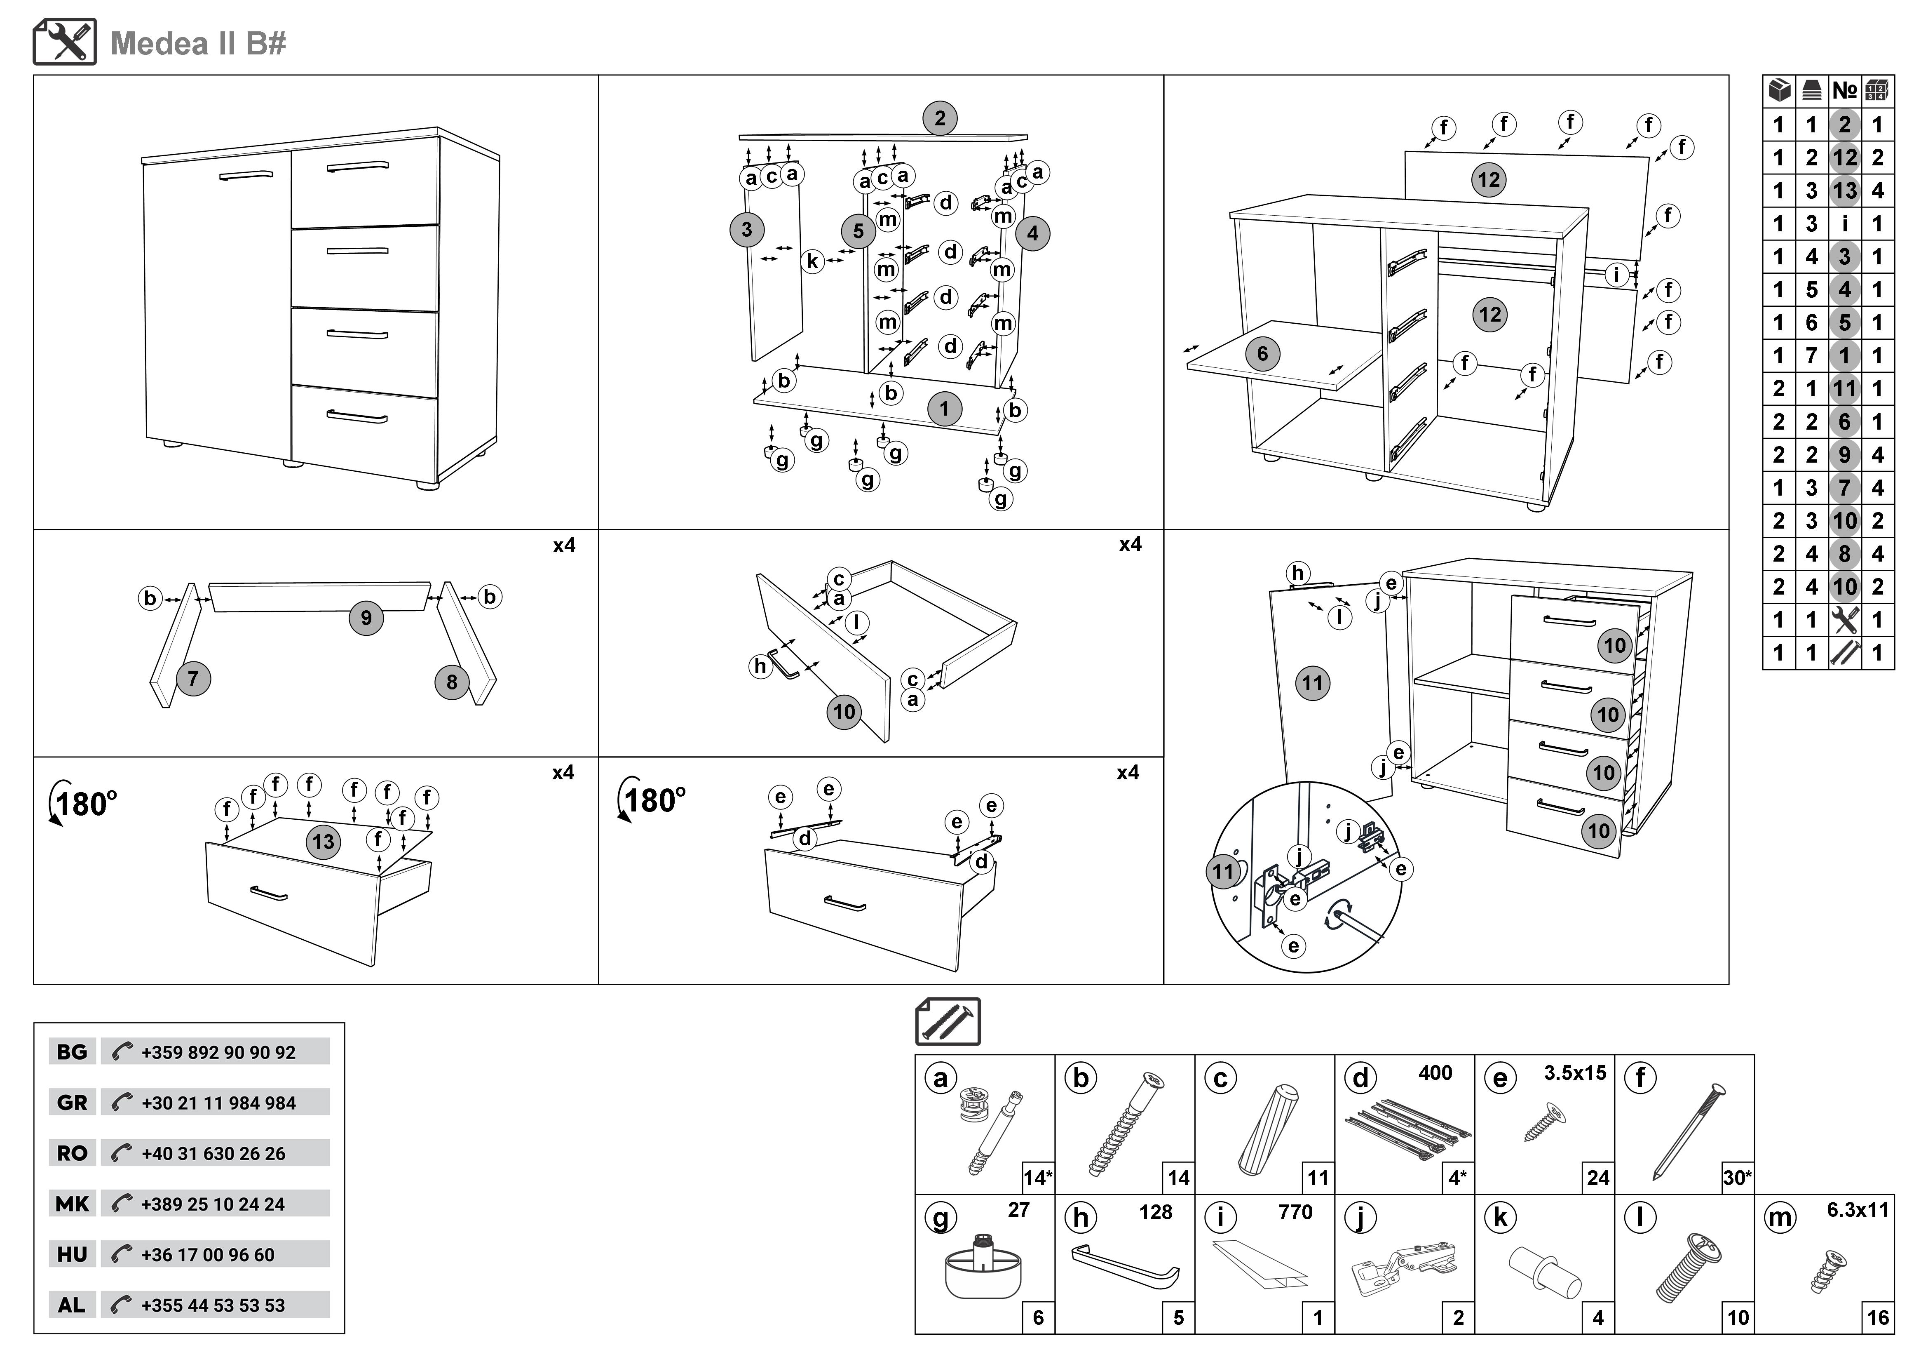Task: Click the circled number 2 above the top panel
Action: pyautogui.click(x=940, y=118)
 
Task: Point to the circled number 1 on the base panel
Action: pyautogui.click(x=944, y=409)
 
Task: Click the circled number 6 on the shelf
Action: pyautogui.click(x=1262, y=354)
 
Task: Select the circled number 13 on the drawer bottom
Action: pyautogui.click(x=323, y=842)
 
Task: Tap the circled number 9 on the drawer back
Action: pyautogui.click(x=366, y=618)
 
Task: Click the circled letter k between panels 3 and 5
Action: pyautogui.click(x=812, y=261)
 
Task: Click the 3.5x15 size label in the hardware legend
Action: pyautogui.click(x=1574, y=1072)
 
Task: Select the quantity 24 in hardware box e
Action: pyautogui.click(x=1597, y=1178)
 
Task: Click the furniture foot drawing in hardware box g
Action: pyautogui.click(x=983, y=1268)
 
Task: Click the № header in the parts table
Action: pyautogui.click(x=1844, y=91)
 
